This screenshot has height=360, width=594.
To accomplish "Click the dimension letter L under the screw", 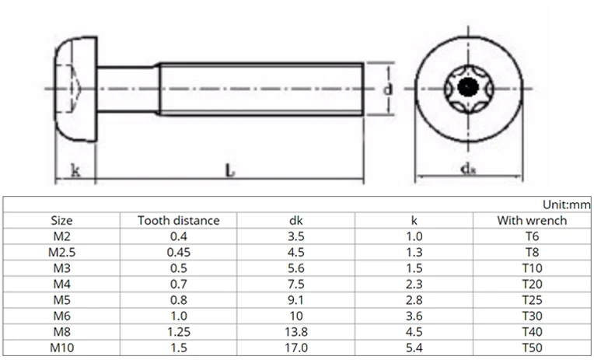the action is (230, 170).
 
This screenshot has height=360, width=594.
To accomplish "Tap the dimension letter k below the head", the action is (75, 170).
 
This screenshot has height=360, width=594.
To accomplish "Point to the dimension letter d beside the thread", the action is (387, 89).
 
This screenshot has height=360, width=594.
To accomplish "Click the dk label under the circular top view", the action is (468, 168).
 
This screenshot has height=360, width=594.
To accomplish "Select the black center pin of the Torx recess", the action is (468, 87).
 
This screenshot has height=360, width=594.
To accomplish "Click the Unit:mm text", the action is (566, 204).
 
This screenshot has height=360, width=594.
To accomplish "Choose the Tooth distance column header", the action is (178, 221).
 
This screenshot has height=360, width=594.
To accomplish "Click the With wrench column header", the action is (532, 221).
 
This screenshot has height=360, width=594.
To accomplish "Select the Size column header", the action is (61, 221).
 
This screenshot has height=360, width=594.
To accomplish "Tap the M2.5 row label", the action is (61, 253).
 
